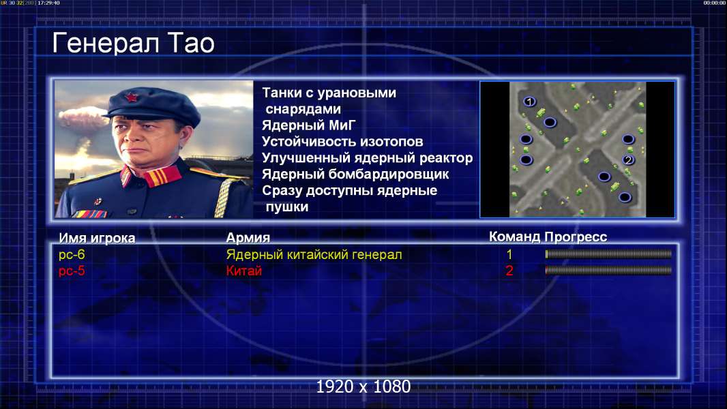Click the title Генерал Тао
tap(134, 43)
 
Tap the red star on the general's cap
tap(131, 97)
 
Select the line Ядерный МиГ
tap(308, 125)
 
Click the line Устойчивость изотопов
tap(342, 141)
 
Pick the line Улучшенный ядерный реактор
tap(367, 158)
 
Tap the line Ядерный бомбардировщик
tap(355, 174)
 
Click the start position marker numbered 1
tap(529, 102)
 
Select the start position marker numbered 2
tap(628, 160)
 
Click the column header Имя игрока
tap(97, 238)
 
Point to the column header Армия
tap(248, 238)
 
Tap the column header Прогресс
tap(576, 237)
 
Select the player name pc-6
tap(72, 254)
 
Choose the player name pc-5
tap(72, 271)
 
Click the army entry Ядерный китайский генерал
tap(314, 254)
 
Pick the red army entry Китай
tap(244, 271)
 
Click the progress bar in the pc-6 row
tap(608, 254)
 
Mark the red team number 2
tap(509, 271)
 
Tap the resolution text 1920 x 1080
tap(363, 387)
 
